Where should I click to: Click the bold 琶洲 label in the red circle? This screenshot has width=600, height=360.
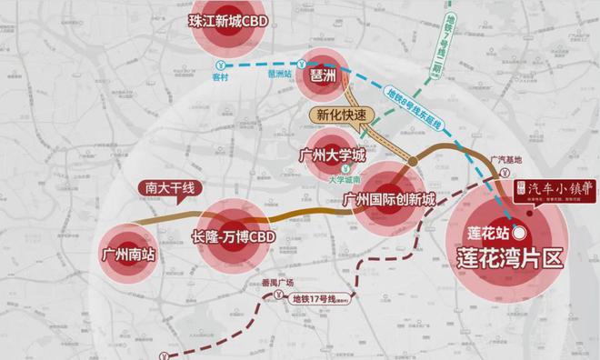[x=325, y=79]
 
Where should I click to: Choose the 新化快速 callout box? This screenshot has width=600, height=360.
[x=340, y=115]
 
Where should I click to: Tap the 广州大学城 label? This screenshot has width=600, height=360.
[x=337, y=156]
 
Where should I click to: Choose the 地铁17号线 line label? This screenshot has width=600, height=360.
[x=319, y=296]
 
